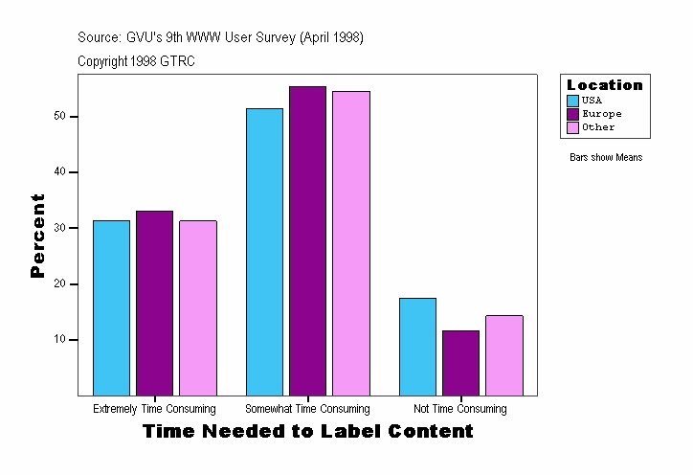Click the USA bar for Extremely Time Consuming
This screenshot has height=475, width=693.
point(111,307)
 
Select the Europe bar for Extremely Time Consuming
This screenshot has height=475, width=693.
point(154,303)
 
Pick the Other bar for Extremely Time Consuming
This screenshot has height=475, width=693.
point(197,307)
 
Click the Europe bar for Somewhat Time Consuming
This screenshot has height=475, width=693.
point(307,240)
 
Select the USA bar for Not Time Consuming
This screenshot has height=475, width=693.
point(417,346)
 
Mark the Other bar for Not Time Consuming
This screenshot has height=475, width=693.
point(503,354)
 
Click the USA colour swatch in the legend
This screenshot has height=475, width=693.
point(573,101)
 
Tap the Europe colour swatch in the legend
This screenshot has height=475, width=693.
point(573,114)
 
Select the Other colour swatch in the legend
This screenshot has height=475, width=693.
point(573,127)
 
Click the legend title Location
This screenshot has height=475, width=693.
point(605,85)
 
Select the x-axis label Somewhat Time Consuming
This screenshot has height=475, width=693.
point(307,409)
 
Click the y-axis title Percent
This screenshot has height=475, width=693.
point(38,236)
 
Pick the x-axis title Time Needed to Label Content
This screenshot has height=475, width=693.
point(307,432)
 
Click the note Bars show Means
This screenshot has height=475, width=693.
point(606,158)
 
